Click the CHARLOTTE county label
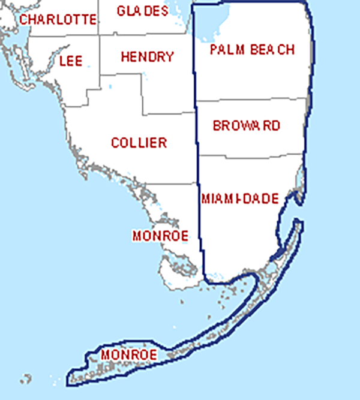(58, 20)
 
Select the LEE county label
(71, 60)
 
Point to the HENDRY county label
(147, 57)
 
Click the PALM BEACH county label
(253, 49)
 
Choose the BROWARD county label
(246, 126)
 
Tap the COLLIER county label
(139, 143)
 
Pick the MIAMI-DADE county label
(240, 199)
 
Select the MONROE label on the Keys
(129, 355)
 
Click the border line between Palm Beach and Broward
(252, 100)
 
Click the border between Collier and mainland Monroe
(174, 184)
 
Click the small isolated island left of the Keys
(26, 378)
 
